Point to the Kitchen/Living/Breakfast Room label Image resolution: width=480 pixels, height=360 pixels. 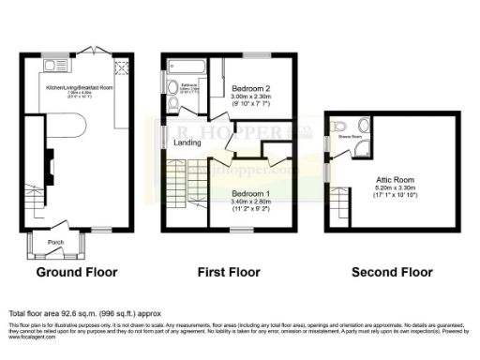tap(74, 88)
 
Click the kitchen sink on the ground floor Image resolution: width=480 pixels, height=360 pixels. tap(52, 65)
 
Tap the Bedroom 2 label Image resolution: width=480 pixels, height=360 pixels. tap(250, 88)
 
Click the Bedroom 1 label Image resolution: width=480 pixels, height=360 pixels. tap(251, 193)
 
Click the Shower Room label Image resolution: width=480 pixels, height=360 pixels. tap(348, 137)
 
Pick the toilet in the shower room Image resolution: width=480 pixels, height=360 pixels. tap(338, 127)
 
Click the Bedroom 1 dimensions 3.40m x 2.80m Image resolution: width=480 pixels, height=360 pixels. tap(251, 201)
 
